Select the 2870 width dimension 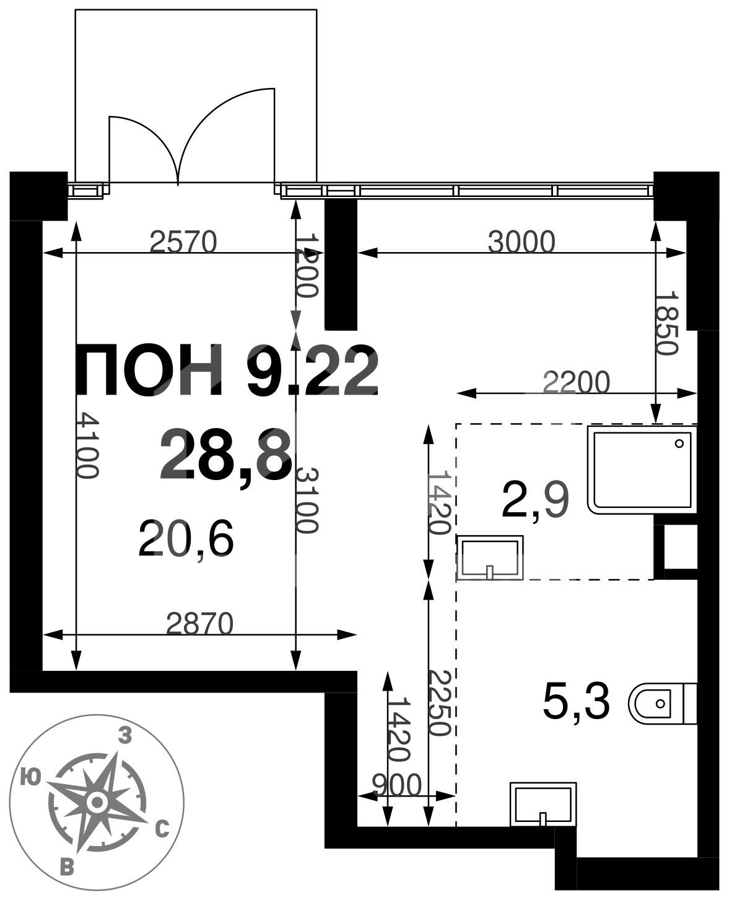pos(200,623)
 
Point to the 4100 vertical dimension pos(89,445)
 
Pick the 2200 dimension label pos(576,382)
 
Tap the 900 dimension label pos(397,785)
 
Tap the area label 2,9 pos(536,502)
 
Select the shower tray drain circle pos(679,443)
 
